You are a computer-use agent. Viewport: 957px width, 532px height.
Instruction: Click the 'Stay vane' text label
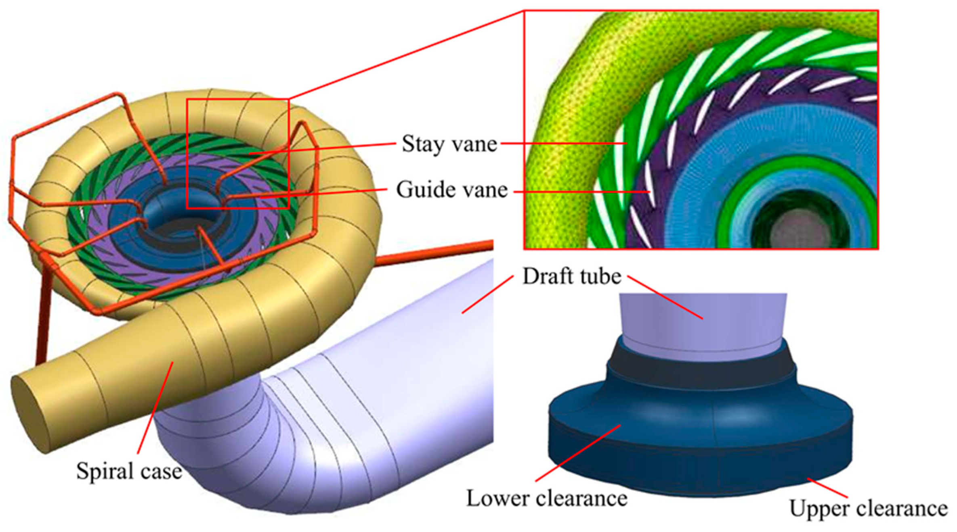click(x=449, y=144)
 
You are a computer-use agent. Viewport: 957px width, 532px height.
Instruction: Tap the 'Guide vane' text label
click(x=451, y=190)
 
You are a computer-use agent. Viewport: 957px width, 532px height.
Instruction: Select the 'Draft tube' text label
click(x=571, y=277)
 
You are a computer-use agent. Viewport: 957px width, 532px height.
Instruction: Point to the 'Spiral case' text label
click(x=129, y=471)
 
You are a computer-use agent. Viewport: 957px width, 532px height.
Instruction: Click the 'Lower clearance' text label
click(x=546, y=499)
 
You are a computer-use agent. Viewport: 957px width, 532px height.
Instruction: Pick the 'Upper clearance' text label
click(x=868, y=508)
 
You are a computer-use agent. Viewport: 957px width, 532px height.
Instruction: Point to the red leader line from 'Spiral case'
click(x=155, y=407)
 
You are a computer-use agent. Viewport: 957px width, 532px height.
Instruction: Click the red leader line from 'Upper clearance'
click(x=827, y=488)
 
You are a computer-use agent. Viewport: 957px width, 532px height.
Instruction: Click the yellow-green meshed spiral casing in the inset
click(x=573, y=121)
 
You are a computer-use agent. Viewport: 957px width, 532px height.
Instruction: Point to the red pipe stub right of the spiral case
click(x=436, y=252)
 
